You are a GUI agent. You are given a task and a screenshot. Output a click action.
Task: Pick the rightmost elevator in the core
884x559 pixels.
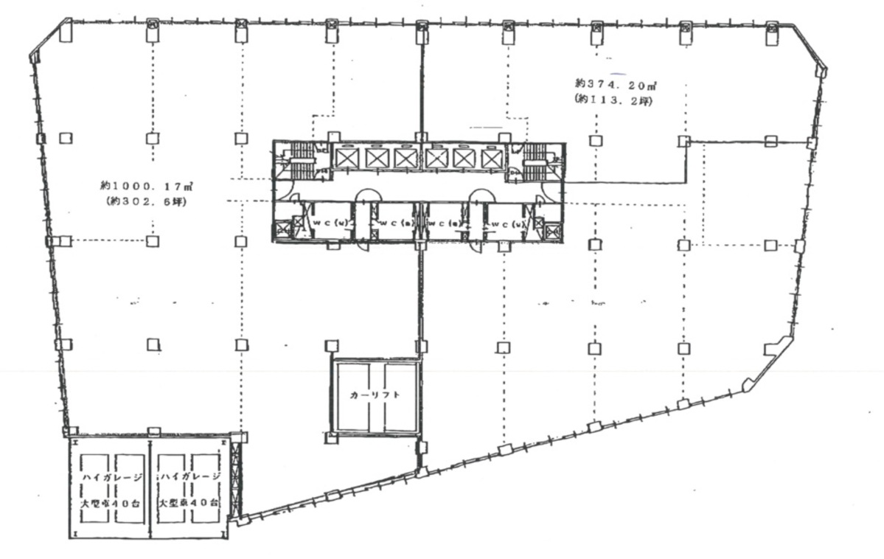pyautogui.click(x=490, y=159)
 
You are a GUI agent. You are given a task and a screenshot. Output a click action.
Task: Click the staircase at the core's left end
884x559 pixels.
pyautogui.click(x=300, y=159)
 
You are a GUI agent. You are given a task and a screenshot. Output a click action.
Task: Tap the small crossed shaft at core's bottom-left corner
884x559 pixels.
pyautogui.click(x=298, y=224)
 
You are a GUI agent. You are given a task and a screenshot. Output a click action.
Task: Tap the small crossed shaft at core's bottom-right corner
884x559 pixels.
pyautogui.click(x=539, y=224)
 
